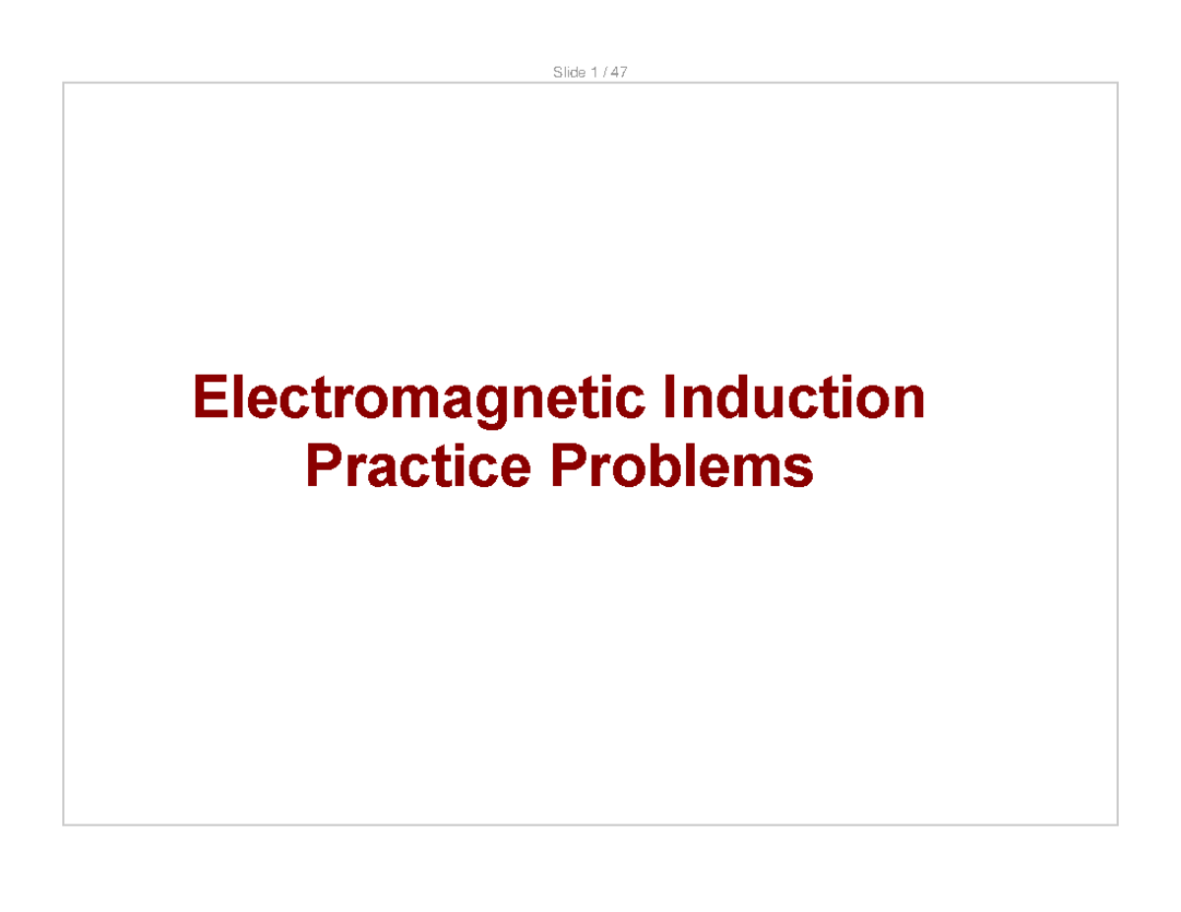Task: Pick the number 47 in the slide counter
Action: point(618,73)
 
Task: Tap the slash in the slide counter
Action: point(601,73)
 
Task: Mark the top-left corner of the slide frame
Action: point(64,84)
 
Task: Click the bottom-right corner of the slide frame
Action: point(1117,824)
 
